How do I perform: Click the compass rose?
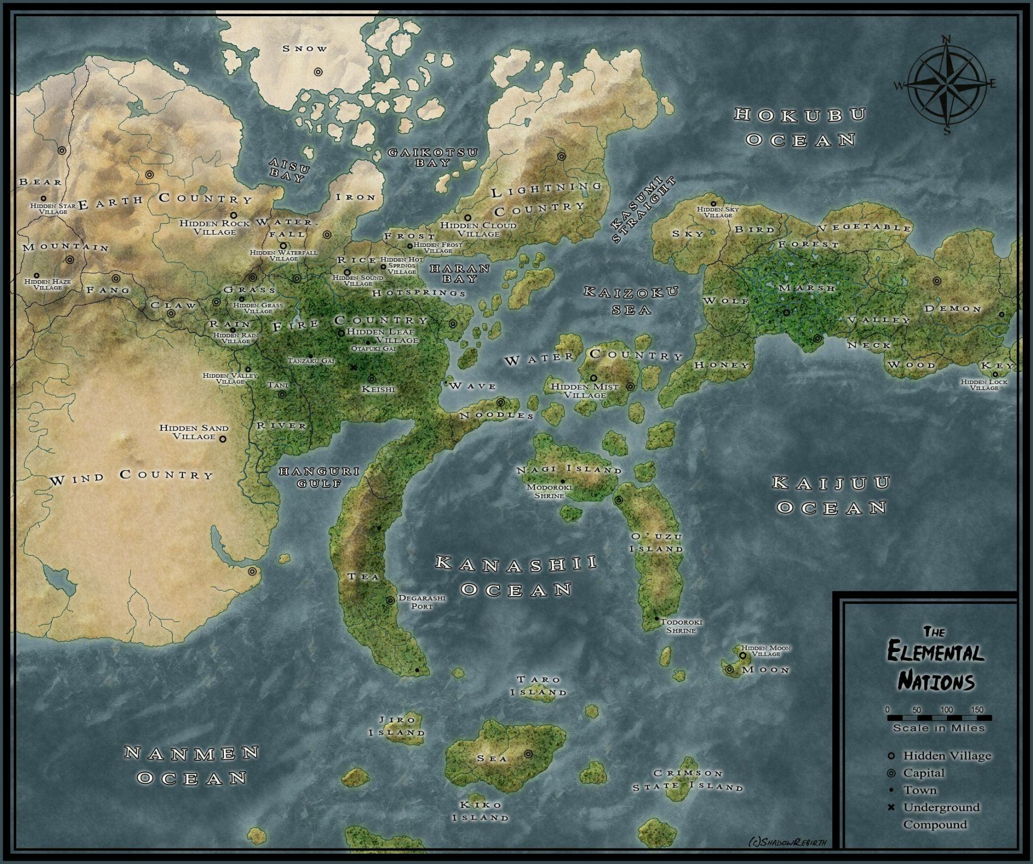coord(946,84)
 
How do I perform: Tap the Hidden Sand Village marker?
coord(223,439)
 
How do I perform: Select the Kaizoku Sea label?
coord(632,301)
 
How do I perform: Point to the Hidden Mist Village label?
coord(585,391)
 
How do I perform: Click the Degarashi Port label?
coord(422,601)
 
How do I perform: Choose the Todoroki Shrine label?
coord(681,626)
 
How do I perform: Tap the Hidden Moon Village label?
coord(766,651)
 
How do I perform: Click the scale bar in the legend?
coord(939,718)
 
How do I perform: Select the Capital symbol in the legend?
coord(891,773)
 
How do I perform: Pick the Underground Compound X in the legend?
coord(891,808)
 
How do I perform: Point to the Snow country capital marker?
coord(319,72)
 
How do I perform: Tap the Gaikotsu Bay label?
coord(433,157)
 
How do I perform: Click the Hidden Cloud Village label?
coord(478,229)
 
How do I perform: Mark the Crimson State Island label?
coord(688,780)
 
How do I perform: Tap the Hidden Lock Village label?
coord(984,385)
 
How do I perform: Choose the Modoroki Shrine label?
coord(549,491)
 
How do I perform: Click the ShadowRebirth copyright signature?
coord(787,842)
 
